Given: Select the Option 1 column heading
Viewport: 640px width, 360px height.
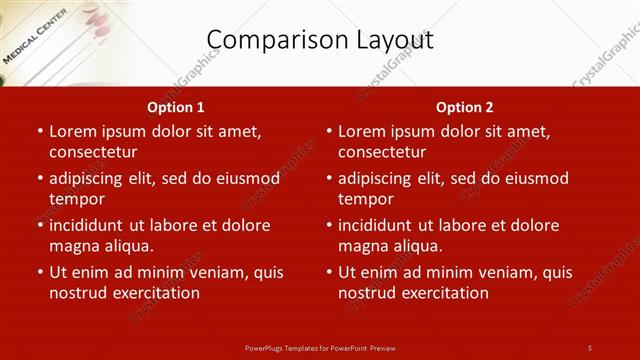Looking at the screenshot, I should click(x=176, y=107).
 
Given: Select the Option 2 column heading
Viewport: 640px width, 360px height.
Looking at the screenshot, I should click(x=464, y=107).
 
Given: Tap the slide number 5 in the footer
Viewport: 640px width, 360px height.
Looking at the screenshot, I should click(x=590, y=347).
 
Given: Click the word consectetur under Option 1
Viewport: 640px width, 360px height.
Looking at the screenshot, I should click(x=93, y=152).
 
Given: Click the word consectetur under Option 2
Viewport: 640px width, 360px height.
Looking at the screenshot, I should click(x=382, y=152).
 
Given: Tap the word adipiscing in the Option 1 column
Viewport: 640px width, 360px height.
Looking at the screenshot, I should click(x=93, y=179).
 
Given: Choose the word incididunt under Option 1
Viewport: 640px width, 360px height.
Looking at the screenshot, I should click(x=92, y=225).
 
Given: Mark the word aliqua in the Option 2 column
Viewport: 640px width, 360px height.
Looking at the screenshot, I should click(x=415, y=246).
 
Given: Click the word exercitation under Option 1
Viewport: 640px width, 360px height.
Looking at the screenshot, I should click(x=154, y=293).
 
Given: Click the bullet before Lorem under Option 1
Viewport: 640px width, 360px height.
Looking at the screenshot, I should click(x=39, y=132).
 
